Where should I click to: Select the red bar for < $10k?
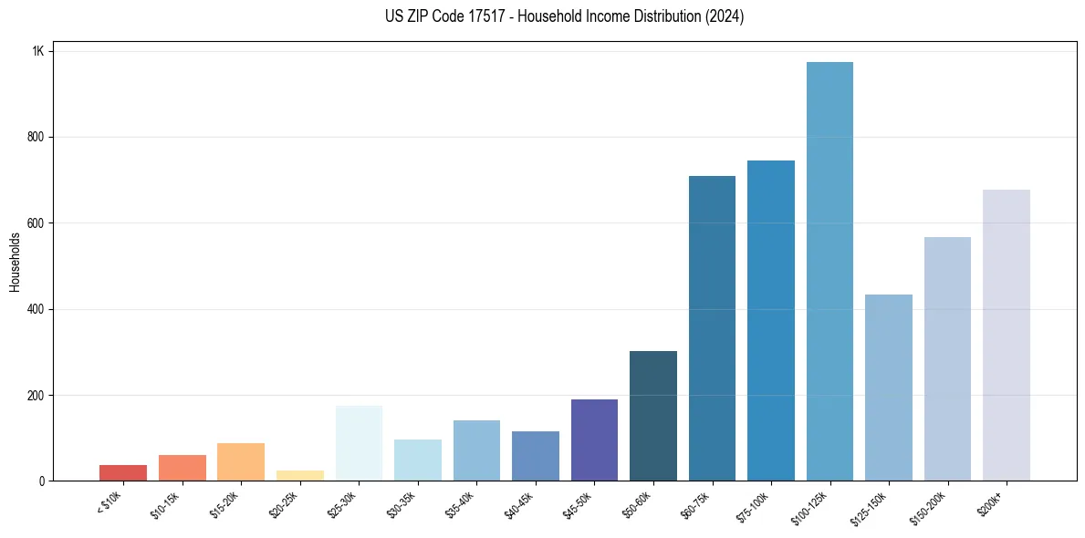(x=123, y=472)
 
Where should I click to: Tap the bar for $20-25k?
(x=299, y=475)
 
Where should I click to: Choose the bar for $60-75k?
(x=712, y=328)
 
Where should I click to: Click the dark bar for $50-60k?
(x=652, y=416)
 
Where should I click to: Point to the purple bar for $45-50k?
(x=594, y=440)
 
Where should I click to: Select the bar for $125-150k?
(x=888, y=388)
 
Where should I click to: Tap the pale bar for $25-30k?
(x=359, y=443)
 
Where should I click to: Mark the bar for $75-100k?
(x=770, y=320)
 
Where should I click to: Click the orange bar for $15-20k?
(x=241, y=461)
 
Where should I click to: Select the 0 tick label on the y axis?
(x=42, y=481)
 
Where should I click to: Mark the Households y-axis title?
(x=15, y=262)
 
